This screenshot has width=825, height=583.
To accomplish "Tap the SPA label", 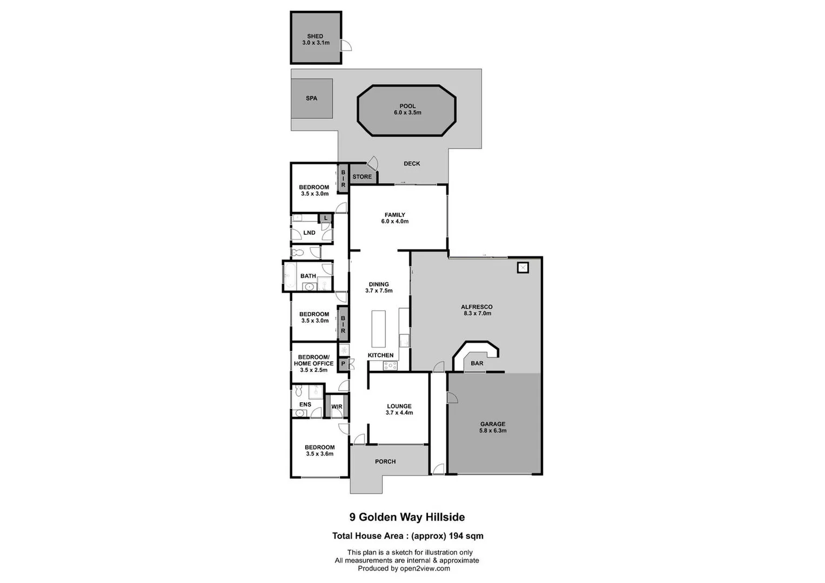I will tap(311, 98).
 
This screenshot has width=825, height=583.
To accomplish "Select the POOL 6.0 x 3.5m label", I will tap(407, 110).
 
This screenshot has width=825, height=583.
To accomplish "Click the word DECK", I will tap(412, 164).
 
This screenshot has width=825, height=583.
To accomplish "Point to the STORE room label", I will tap(362, 177).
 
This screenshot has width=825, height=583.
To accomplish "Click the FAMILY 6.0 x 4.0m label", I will tap(394, 218).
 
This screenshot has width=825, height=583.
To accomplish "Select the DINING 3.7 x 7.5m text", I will tap(378, 287).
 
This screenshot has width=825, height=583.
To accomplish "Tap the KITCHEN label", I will tap(380, 355).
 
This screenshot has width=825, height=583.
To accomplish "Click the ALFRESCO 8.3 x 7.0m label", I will tap(477, 310).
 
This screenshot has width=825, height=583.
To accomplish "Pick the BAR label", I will tap(477, 363).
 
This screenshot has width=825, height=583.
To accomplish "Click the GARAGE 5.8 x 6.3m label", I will tap(493, 428).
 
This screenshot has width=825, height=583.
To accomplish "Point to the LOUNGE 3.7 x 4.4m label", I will tap(399, 409).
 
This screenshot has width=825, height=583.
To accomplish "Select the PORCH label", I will tap(385, 462).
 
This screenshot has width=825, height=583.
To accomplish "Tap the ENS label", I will tap(305, 404).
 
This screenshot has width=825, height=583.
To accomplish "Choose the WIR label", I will tap(337, 407).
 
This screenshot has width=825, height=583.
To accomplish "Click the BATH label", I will tap(308, 276).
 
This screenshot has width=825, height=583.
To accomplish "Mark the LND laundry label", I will tap(309, 233).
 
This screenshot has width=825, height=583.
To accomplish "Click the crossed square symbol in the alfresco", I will tap(522, 267).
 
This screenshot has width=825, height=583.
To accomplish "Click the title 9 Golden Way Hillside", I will tap(407, 517).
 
